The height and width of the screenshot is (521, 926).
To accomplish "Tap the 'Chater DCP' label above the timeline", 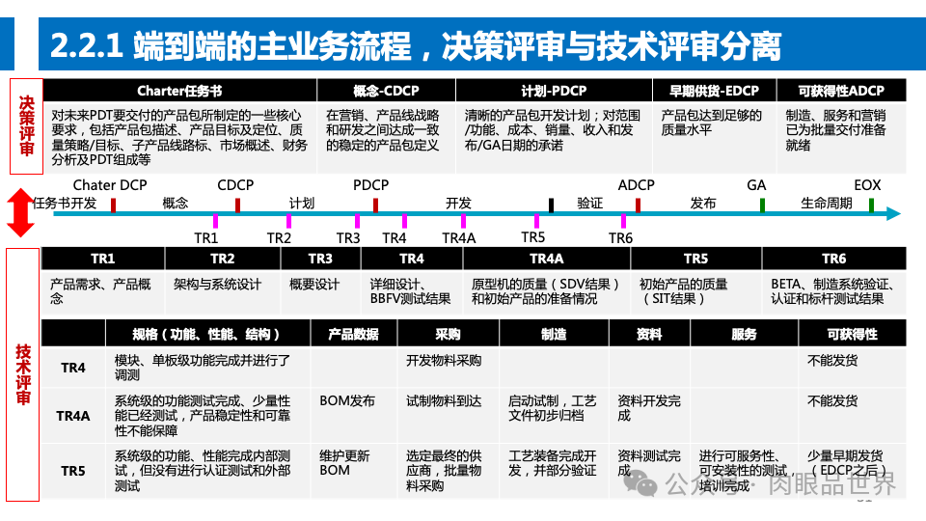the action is tap(109, 185).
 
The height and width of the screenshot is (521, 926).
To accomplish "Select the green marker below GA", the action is tap(762, 205).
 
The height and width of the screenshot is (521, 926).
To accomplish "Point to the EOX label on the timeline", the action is tap(867, 185).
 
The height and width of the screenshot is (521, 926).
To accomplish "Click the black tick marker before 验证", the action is tap(551, 205).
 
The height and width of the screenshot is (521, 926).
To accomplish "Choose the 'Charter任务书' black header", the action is tap(179, 91).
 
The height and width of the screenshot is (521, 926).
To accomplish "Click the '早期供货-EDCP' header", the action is tap(714, 91).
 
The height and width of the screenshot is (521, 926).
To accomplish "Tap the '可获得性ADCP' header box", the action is tap(841, 91).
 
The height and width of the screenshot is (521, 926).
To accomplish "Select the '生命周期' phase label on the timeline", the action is tap(827, 204).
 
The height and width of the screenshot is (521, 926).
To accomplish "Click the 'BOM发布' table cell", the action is tap(347, 400).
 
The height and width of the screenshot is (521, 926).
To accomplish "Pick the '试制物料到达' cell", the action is tap(445, 400).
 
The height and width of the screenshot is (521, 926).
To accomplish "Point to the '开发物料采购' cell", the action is tap(444, 361).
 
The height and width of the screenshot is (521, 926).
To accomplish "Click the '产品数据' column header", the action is tap(353, 334).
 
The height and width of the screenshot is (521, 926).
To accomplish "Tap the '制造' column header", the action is tap(553, 334).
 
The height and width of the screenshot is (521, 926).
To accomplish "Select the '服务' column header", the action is tap(744, 334).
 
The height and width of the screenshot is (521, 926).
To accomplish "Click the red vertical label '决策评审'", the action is tap(26, 125).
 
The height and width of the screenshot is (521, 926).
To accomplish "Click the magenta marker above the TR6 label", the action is tap(624, 221).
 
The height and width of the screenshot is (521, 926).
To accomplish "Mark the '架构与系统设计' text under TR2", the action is tap(217, 285).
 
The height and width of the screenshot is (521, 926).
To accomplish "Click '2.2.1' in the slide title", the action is tap(86, 45).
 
